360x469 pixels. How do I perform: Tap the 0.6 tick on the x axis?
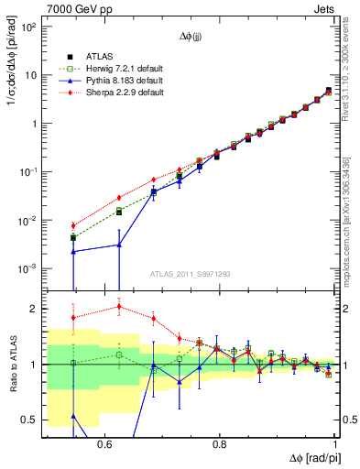point(104,442)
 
